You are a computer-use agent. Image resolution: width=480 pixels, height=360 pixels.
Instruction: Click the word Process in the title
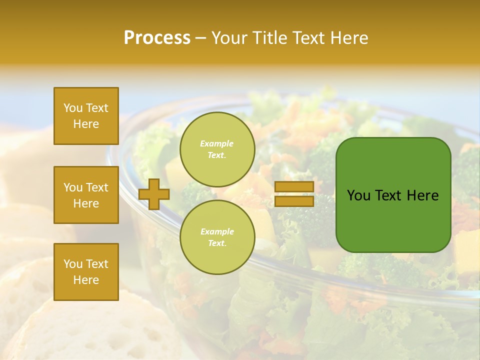[x=157, y=38]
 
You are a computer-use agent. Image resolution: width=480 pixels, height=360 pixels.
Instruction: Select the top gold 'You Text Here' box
[x=86, y=116]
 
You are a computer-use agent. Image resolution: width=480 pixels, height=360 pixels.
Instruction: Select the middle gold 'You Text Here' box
[x=86, y=195]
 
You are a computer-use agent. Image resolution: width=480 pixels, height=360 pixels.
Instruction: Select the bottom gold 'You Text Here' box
[x=86, y=272]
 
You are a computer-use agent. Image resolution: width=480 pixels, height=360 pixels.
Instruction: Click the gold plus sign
[x=154, y=194]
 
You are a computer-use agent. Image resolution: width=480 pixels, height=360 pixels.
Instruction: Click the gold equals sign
[x=294, y=194]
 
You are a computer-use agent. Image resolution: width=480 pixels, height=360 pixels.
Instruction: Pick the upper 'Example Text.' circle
[x=217, y=149]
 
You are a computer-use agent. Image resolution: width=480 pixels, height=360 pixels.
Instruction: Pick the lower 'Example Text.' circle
[x=217, y=237]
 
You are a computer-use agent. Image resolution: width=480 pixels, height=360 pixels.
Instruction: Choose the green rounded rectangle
[x=393, y=195]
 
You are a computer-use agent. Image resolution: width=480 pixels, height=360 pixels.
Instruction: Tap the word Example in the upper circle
[x=217, y=144]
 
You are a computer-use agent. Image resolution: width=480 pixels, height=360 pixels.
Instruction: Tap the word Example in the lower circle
[x=217, y=232]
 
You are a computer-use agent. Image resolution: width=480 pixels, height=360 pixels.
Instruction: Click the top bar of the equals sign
[x=294, y=187]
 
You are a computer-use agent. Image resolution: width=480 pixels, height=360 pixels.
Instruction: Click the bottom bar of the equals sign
[x=294, y=201]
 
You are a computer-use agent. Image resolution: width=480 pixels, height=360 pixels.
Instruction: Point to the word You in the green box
[x=358, y=195]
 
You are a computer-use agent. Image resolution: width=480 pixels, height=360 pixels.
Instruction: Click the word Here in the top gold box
[x=86, y=124]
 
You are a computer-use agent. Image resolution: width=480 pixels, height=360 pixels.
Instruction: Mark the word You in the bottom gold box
[x=73, y=264]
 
